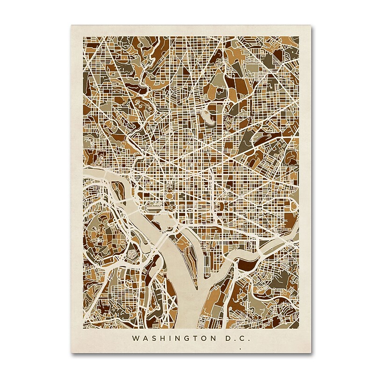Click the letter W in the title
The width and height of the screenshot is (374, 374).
point(136,338)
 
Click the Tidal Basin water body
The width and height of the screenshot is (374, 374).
point(164,220)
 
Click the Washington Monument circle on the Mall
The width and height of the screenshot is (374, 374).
point(167,206)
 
